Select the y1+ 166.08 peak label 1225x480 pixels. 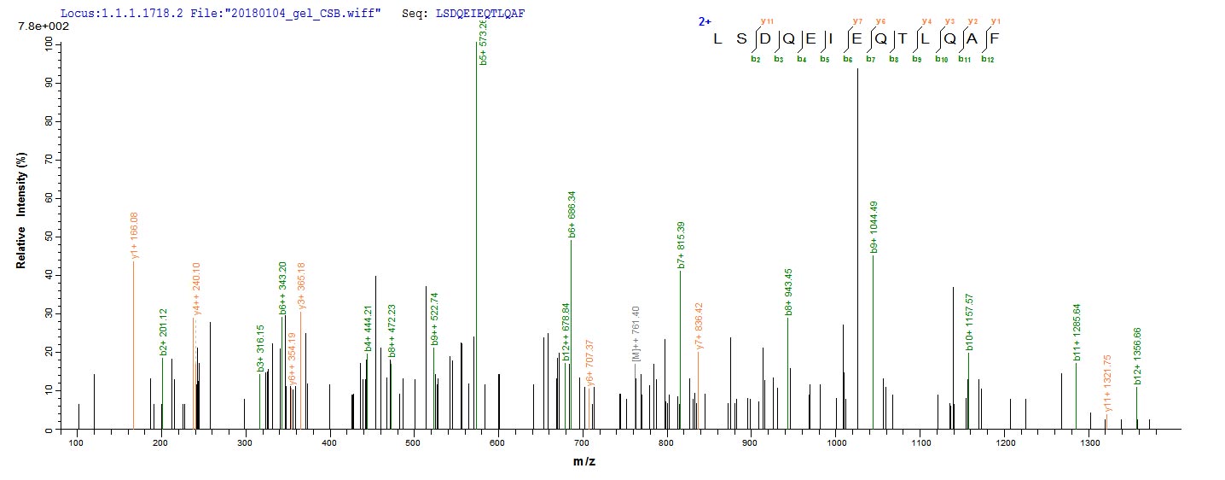pos(135,235)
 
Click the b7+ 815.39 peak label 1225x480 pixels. pos(681,245)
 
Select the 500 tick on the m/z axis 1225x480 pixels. pos(414,443)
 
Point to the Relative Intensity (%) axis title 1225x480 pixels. pos(20,219)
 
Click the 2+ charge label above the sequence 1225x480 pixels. pos(705,21)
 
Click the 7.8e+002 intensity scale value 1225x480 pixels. pos(38,27)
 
